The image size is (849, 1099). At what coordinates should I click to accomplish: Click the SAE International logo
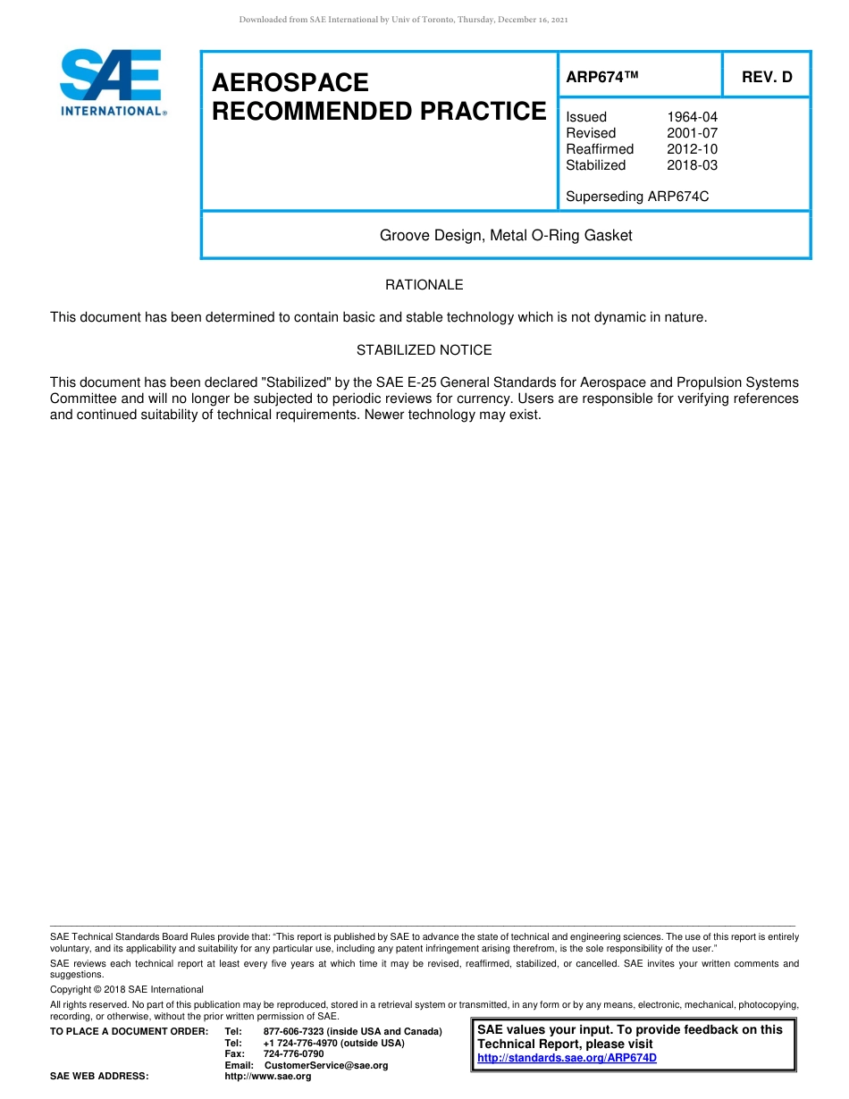112,82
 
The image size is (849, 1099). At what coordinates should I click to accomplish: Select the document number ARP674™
602,77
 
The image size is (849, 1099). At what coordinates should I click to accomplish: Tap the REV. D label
767,77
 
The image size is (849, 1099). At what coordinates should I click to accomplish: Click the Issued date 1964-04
692,117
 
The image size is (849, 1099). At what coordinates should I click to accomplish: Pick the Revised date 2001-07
692,133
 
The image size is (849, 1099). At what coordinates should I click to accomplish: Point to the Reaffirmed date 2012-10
692,149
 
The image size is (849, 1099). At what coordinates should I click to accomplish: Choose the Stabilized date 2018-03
692,165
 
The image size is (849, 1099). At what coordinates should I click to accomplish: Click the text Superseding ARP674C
637,197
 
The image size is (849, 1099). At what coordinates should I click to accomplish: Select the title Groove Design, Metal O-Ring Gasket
506,236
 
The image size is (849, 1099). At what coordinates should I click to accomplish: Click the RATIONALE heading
424,285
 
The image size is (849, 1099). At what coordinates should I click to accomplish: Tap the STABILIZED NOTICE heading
424,350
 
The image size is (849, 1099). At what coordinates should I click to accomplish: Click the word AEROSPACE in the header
290,83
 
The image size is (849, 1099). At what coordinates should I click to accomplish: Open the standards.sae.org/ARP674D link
567,1058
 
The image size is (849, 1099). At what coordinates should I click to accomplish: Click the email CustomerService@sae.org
326,1065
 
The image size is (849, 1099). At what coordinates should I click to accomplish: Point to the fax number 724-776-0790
294,1054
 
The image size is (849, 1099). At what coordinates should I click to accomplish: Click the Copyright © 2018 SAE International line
127,989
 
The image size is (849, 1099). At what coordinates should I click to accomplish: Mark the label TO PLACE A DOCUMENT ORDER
129,1032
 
